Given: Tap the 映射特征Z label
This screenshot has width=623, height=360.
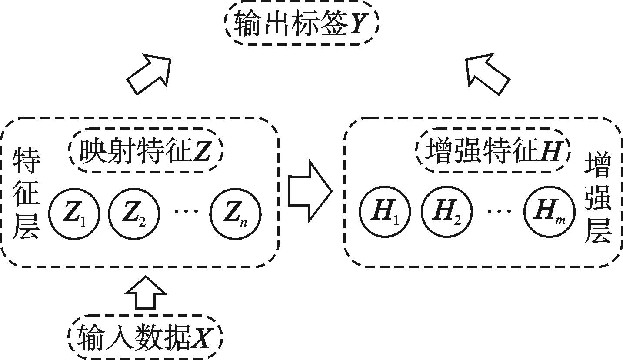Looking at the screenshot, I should tap(145, 151).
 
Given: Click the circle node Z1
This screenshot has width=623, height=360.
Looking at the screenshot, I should tap(74, 214).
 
